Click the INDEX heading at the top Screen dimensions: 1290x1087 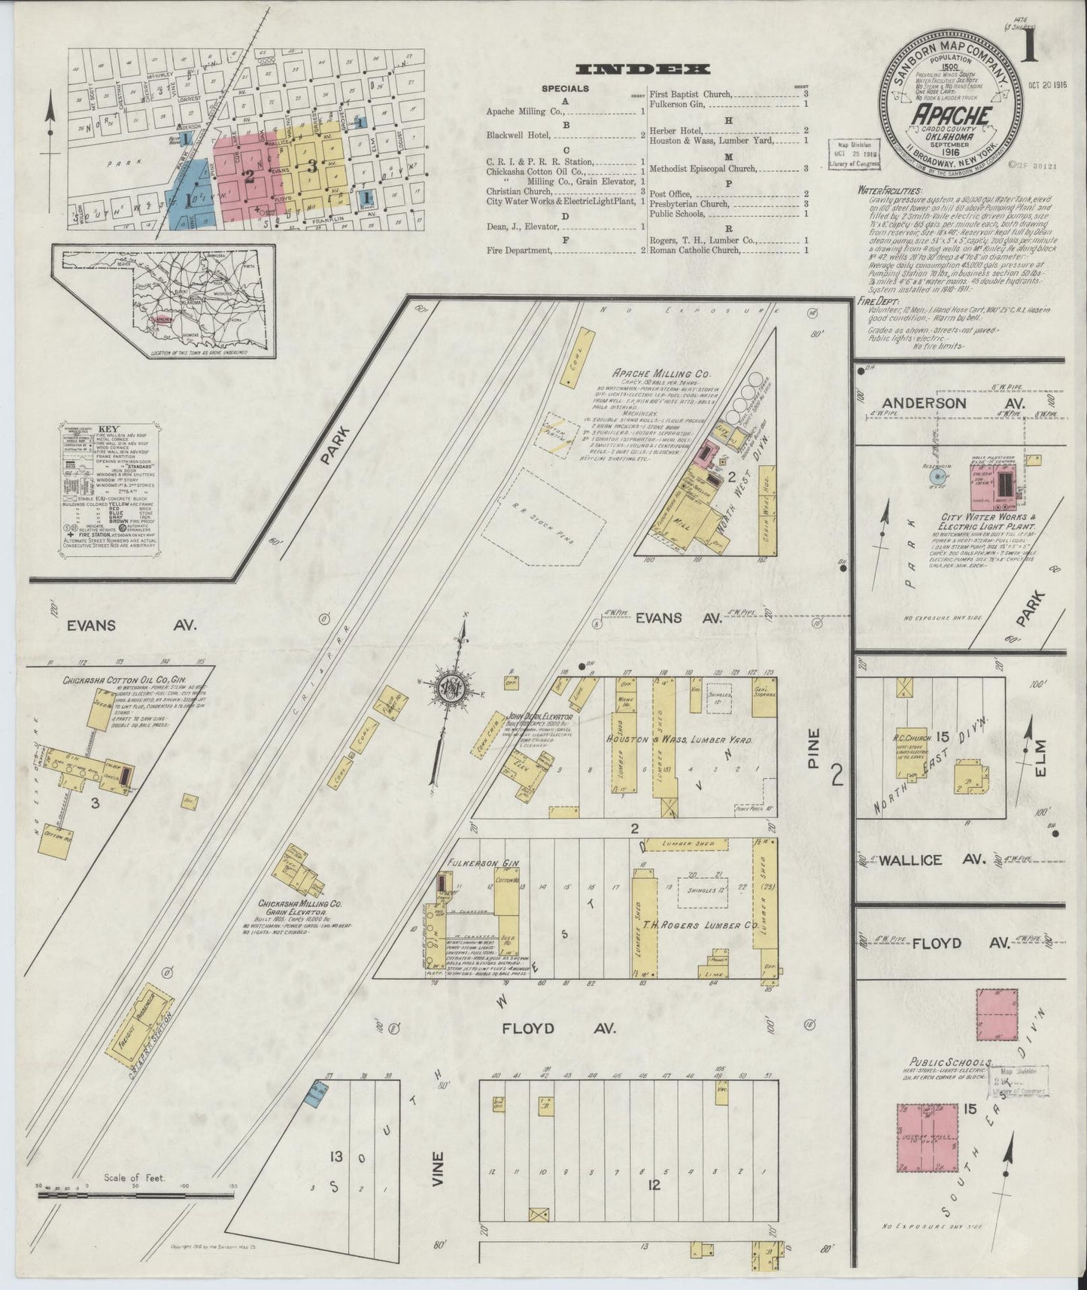tap(642, 70)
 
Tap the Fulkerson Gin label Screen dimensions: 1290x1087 tap(473, 863)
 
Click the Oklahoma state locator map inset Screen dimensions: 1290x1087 tap(164, 301)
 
